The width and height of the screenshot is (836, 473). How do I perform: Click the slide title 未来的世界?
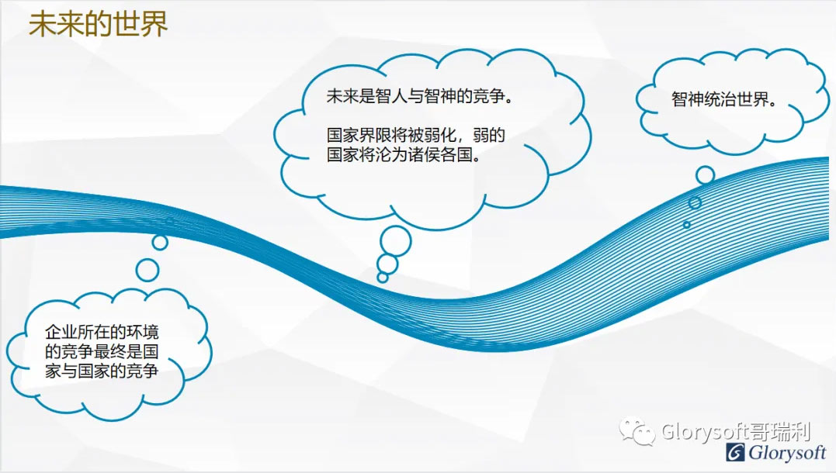coord(98,25)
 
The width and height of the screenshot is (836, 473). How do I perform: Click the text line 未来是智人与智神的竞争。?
coord(420,96)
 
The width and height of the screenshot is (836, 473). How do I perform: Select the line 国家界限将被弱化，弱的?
coord(416,135)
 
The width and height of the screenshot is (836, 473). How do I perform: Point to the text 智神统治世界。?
coord(723,99)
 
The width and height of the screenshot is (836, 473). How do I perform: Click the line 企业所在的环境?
coord(102,333)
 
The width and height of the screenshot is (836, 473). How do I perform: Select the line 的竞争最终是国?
coord(102,351)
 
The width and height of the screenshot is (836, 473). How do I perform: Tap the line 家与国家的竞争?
coord(102,371)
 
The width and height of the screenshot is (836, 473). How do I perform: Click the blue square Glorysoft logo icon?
coord(735,453)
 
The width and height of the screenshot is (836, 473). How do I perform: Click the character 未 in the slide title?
coord(42,25)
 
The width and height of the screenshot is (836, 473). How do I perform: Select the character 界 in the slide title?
coord(154,25)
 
